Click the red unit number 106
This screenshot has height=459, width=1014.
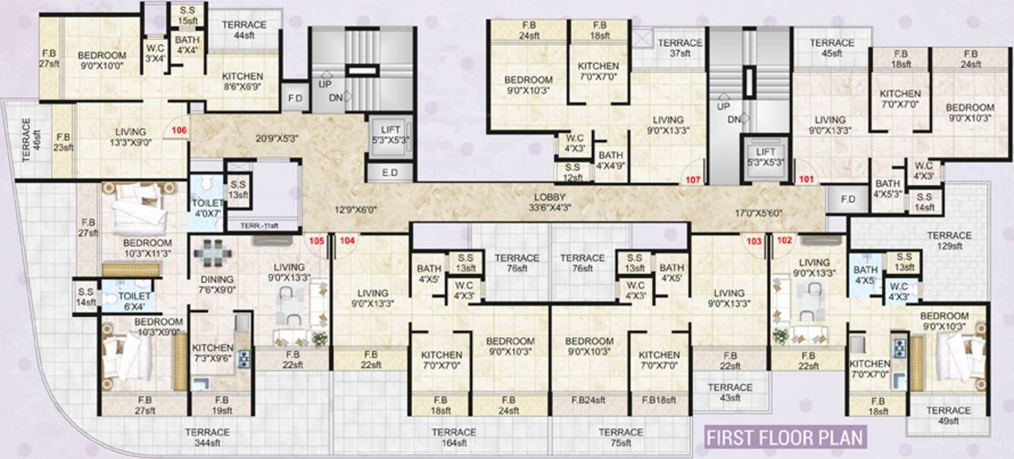[179, 130]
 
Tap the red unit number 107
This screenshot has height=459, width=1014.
[693, 180]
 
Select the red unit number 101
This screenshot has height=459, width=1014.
[806, 179]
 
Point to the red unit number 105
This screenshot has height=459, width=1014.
[316, 241]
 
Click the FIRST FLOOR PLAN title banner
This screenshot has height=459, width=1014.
[786, 438]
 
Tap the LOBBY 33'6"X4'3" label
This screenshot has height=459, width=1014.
[550, 203]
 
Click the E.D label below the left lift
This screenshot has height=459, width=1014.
[390, 172]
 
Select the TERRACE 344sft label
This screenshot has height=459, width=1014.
[207, 437]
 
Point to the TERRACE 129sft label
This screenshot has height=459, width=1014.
[949, 241]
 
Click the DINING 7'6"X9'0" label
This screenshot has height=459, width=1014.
[217, 285]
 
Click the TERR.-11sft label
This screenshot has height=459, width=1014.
[260, 225]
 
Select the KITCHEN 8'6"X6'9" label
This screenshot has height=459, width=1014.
[243, 81]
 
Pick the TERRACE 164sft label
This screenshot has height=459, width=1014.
[454, 437]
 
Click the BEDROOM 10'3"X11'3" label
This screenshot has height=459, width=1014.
[147, 248]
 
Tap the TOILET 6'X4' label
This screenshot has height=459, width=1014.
[134, 301]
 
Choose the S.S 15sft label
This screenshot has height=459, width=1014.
[187, 15]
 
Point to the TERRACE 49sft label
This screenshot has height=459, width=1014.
[949, 416]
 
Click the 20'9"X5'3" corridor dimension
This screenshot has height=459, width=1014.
[277, 139]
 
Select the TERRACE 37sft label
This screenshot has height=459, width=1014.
[680, 48]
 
